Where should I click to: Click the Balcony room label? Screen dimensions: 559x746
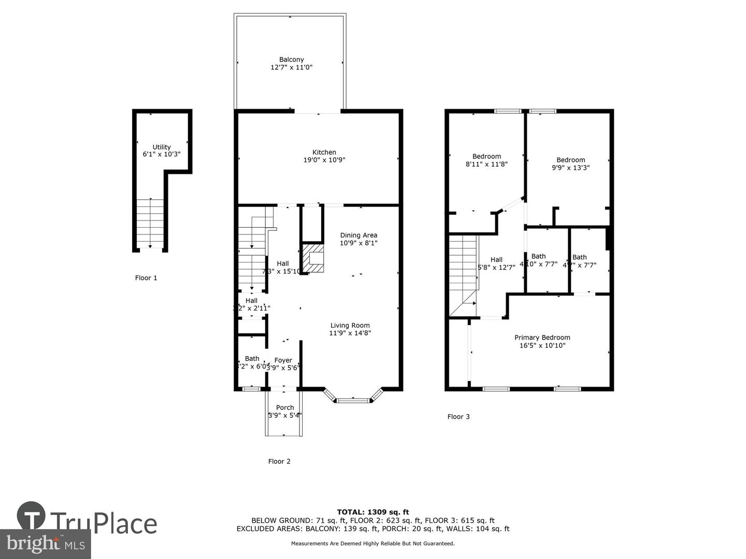tap(291, 60)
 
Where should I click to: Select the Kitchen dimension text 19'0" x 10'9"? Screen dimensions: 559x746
tap(324, 160)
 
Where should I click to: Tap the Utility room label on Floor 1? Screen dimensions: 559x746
tap(162, 147)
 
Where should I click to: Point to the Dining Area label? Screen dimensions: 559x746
tap(358, 235)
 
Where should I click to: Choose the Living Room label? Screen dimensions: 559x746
tap(350, 326)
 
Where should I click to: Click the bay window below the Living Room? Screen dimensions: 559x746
tap(353, 399)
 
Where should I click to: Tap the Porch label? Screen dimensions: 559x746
tap(285, 407)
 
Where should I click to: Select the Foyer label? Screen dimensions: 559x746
tap(283, 360)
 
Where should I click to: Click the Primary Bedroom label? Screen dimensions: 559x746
tap(542, 337)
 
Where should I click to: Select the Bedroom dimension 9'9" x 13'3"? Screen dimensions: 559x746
tap(570, 168)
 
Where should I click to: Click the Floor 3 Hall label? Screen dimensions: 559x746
tap(496, 260)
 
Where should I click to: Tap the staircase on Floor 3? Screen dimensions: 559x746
tap(463, 274)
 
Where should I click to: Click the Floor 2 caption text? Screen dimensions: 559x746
tap(279, 461)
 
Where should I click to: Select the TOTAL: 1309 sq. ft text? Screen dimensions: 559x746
tap(372, 512)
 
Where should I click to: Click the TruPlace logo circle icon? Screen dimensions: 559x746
tap(31, 516)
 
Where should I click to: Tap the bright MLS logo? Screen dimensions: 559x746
tap(46, 543)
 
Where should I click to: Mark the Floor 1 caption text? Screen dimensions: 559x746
tap(146, 278)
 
